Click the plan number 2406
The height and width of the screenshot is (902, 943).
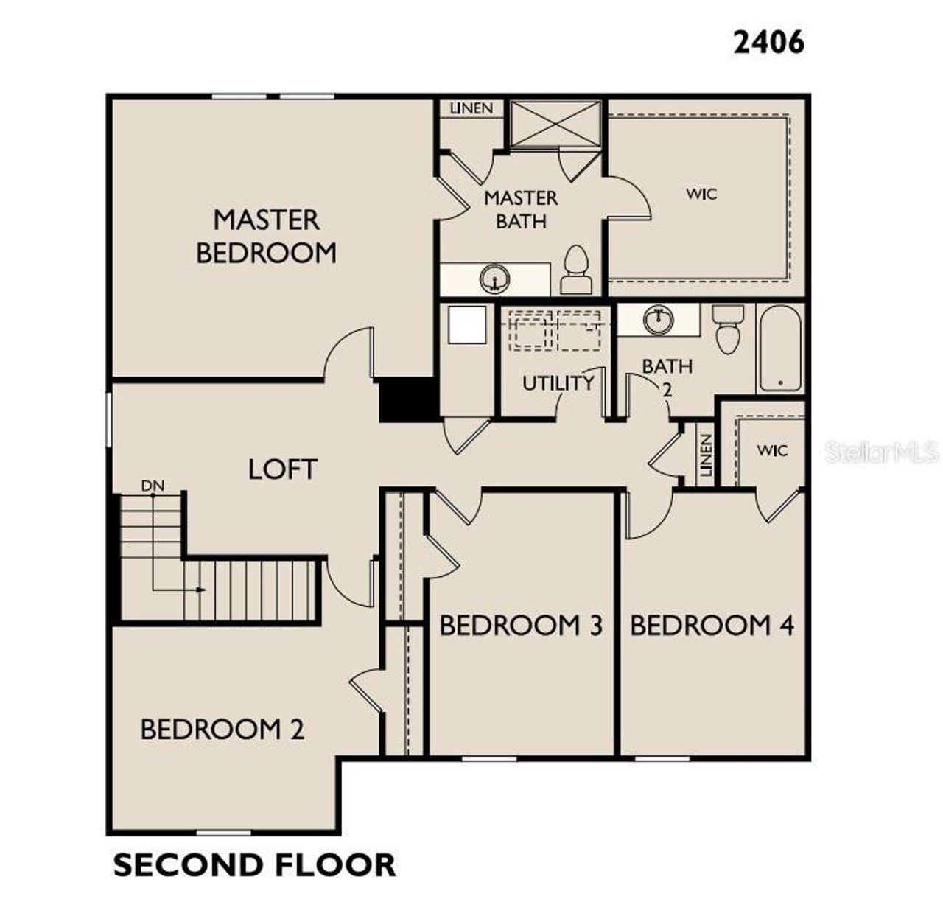[x=768, y=42]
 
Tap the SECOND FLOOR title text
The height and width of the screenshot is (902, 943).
[x=254, y=864]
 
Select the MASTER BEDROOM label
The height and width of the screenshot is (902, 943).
[x=266, y=236]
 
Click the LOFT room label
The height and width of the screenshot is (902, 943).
[x=282, y=469]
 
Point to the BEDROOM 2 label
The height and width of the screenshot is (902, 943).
[x=222, y=730]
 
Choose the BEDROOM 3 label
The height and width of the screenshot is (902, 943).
[x=521, y=626]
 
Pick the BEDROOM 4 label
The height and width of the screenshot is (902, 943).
[x=712, y=626]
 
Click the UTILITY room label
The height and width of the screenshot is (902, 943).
[x=558, y=383]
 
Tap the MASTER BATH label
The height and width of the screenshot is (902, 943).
[x=521, y=209]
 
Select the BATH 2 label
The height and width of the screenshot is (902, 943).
[x=667, y=376]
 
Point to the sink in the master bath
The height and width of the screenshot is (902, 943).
[x=494, y=279]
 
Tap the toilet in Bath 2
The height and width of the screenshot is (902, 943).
[x=727, y=329]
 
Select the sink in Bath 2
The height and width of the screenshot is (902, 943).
[x=658, y=319]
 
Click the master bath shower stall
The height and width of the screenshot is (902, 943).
[x=555, y=122]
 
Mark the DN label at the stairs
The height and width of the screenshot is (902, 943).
[x=153, y=486]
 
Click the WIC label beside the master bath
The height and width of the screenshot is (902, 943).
[x=701, y=194]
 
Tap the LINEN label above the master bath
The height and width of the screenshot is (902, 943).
[x=471, y=108]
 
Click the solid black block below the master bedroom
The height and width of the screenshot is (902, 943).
[x=407, y=400]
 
